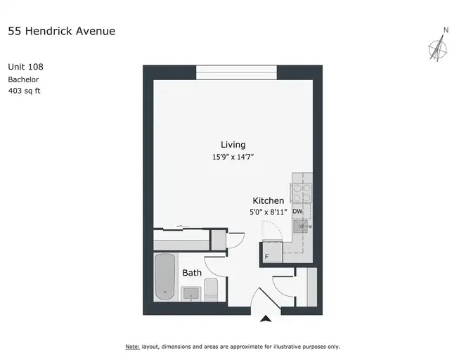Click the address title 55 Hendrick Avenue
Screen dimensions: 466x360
[x=62, y=31]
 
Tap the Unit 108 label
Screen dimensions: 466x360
[x=25, y=67]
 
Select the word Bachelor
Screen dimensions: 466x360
[x=23, y=79]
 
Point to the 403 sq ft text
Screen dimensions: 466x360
[x=24, y=91]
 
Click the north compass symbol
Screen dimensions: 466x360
[x=438, y=48]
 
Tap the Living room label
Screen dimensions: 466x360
[x=233, y=145]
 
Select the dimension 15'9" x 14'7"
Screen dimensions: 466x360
[x=233, y=157]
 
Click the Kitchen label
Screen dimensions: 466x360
[x=268, y=200]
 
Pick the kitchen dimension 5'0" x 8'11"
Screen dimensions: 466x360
[x=268, y=212]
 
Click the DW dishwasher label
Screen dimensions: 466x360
[x=297, y=212]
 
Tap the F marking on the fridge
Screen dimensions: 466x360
[x=266, y=257]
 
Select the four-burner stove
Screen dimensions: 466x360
[x=302, y=193]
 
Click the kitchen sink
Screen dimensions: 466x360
[x=300, y=226]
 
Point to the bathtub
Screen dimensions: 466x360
[x=164, y=276]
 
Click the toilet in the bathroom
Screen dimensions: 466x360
[x=211, y=290]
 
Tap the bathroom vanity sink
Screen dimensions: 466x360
[x=190, y=294]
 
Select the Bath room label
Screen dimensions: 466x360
[x=192, y=273]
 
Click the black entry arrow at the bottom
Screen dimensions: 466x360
[x=266, y=319]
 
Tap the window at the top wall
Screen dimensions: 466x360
[x=237, y=72]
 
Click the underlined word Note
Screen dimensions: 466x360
[x=133, y=347]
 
